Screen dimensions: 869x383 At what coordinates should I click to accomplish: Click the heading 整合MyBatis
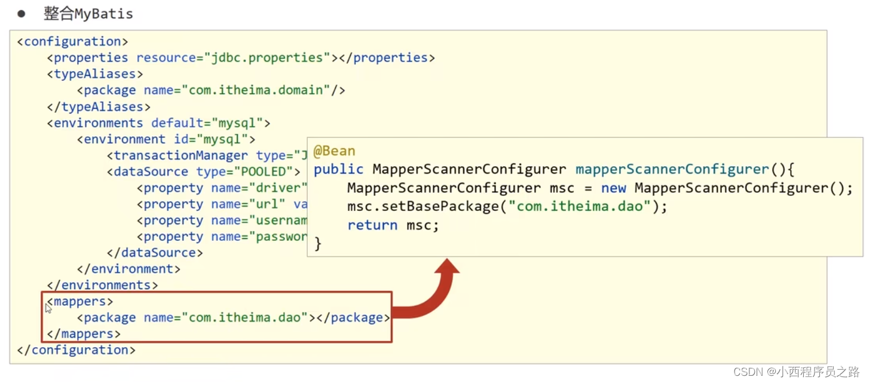pos(88,14)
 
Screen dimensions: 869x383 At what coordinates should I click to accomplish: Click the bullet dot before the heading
pos(22,13)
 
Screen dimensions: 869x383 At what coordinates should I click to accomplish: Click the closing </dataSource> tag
pos(155,253)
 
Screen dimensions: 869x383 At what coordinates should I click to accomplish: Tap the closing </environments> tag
pos(102,285)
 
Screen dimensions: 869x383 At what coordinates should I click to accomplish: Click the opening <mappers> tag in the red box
pos(80,301)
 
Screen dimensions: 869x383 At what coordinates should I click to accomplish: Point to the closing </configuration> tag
pos(77,350)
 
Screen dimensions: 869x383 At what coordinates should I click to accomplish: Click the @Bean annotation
pos(334,151)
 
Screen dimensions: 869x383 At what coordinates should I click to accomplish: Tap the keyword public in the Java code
pos(338,169)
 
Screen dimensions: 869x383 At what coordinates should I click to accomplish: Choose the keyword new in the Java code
pos(613,188)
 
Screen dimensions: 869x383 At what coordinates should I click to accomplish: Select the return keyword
pos(372,225)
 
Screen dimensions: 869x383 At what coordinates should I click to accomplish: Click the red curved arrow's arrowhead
pos(446,267)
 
